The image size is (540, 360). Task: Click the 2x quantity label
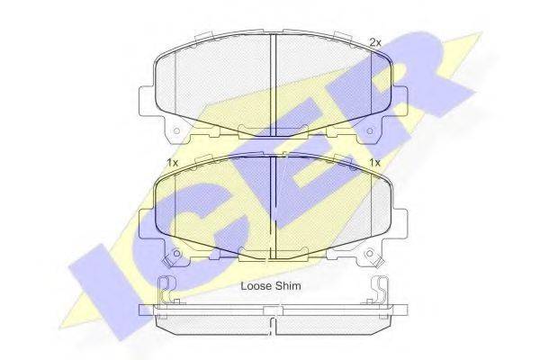[375, 42]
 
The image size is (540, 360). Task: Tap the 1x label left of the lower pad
[172, 163]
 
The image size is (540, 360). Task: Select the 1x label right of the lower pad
[374, 163]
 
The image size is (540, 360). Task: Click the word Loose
[255, 286]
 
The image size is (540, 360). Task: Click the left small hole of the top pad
[176, 131]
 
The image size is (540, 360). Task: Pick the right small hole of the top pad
[370, 131]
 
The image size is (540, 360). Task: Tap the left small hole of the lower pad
[176, 254]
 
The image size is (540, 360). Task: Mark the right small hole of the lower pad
[370, 254]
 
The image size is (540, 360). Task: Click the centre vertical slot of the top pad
[273, 85]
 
